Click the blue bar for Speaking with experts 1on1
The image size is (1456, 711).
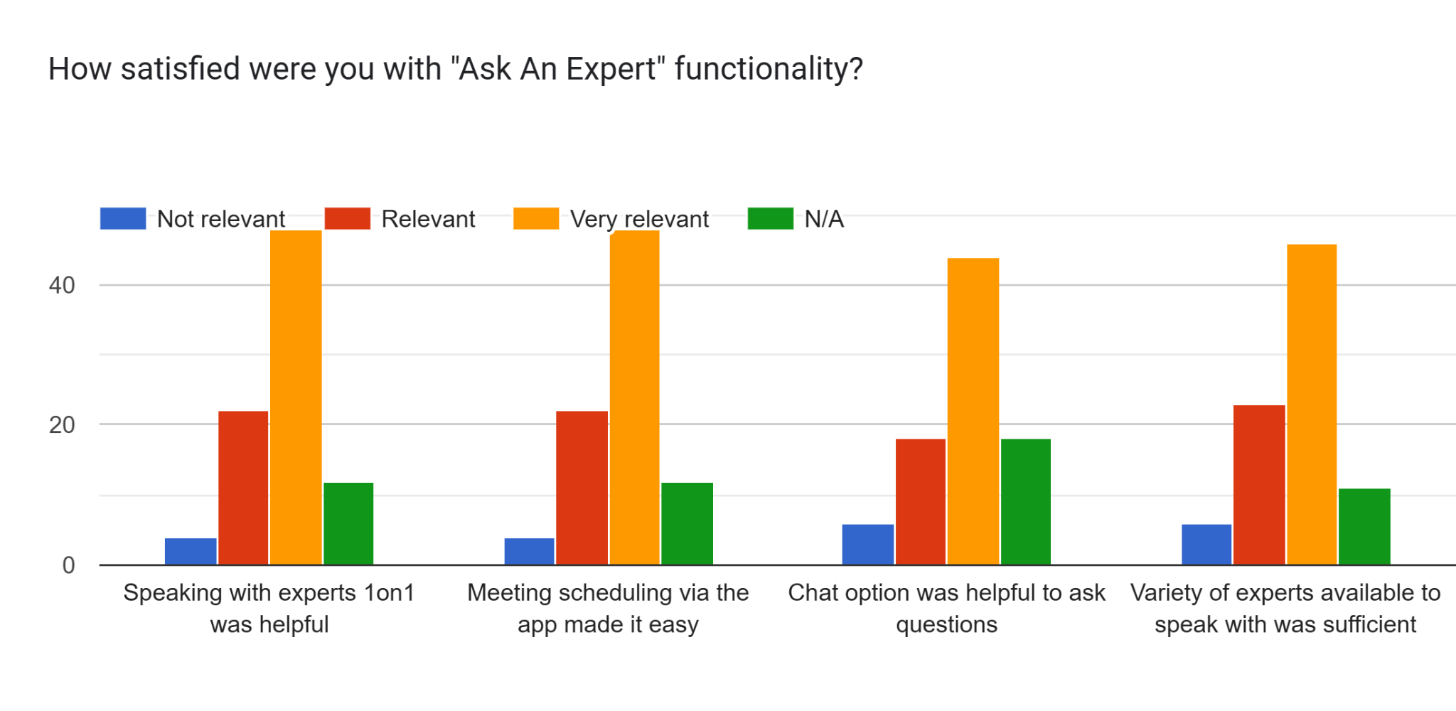tap(191, 551)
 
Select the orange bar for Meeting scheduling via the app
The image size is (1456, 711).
tap(634, 397)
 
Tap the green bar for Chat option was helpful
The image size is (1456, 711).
tap(1025, 502)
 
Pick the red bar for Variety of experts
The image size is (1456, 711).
tap(1259, 485)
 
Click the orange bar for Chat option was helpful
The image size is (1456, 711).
tap(973, 412)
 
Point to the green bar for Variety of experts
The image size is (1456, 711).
tap(1364, 527)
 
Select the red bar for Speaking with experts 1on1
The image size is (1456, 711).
tap(243, 488)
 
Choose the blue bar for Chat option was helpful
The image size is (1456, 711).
tap(868, 545)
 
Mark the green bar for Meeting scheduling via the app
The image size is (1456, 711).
tap(687, 524)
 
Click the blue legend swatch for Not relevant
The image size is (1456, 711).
tap(123, 218)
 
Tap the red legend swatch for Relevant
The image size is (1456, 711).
tap(347, 218)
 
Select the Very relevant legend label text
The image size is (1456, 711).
tap(639, 220)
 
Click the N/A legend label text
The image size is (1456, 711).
tap(824, 219)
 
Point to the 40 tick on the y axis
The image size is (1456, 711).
tap(62, 285)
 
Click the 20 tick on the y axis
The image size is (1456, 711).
tap(62, 425)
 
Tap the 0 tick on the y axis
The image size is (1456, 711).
tap(68, 565)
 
